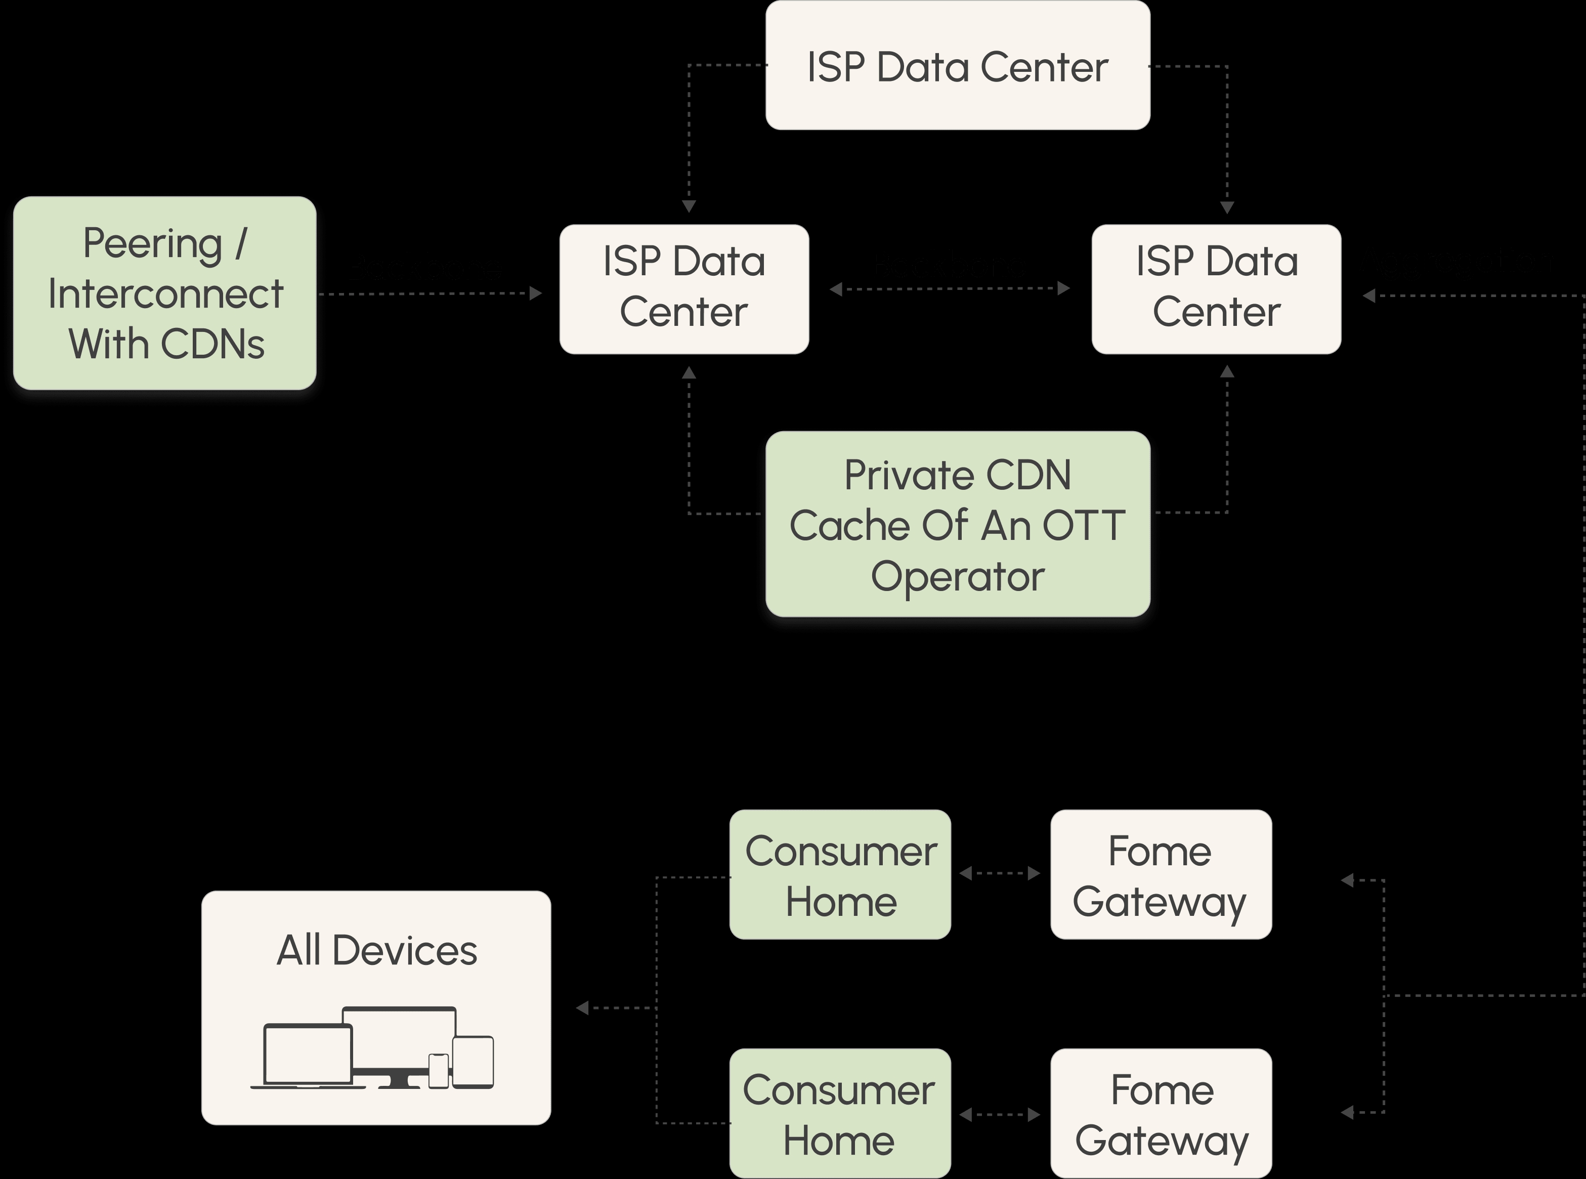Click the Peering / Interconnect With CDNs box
165,293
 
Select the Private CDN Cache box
958,524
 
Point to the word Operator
958,576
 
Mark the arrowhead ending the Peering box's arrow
536,293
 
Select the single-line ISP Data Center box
958,66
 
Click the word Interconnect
165,294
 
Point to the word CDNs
212,344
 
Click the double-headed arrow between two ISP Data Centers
950,288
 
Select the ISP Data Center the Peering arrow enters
684,288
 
